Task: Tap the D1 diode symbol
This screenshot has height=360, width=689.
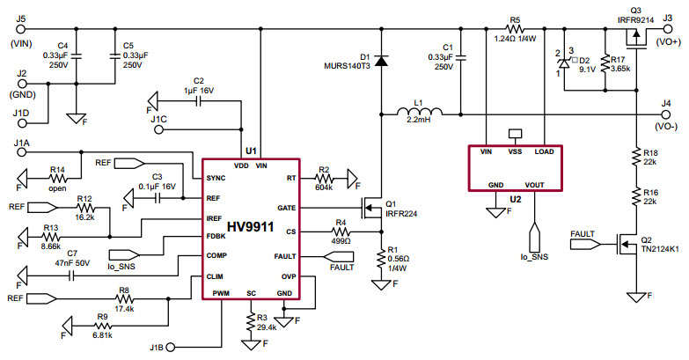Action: tap(382, 60)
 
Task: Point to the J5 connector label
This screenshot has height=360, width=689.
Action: tap(20, 18)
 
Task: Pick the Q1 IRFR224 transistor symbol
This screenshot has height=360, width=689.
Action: tap(376, 209)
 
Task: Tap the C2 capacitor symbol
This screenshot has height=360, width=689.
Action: tap(198, 100)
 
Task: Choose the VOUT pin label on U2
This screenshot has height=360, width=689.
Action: tap(533, 185)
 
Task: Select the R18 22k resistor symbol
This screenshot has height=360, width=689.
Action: tap(633, 156)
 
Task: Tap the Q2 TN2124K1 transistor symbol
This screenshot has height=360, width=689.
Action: tap(627, 244)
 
